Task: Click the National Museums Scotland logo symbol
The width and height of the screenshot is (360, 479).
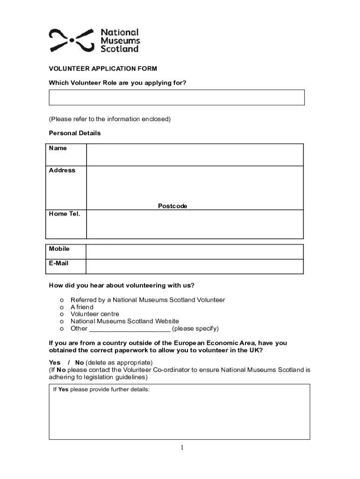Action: point(72,40)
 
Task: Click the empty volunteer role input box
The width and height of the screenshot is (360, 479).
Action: point(177,97)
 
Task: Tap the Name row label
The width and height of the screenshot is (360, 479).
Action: point(58,148)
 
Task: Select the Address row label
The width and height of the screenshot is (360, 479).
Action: point(62,170)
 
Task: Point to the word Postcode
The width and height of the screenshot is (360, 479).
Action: point(173,206)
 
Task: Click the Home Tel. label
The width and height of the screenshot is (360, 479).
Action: point(65,214)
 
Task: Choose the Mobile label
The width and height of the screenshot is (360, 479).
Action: point(59,249)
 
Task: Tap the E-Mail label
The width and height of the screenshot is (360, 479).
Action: point(59,263)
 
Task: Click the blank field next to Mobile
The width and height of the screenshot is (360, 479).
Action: point(194,252)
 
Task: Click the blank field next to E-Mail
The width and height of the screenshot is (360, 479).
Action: point(194,266)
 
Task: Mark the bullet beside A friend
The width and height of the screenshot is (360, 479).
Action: point(62,307)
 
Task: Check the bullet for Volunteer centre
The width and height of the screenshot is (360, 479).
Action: point(62,314)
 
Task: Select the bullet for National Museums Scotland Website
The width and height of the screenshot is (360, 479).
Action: point(62,321)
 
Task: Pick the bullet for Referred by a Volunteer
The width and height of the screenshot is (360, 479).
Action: point(62,300)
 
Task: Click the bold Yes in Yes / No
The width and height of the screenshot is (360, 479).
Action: point(55,363)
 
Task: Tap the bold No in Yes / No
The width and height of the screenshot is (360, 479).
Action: point(79,363)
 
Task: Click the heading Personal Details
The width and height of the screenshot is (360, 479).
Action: point(75,133)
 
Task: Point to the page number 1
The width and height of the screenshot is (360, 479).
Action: point(182,448)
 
